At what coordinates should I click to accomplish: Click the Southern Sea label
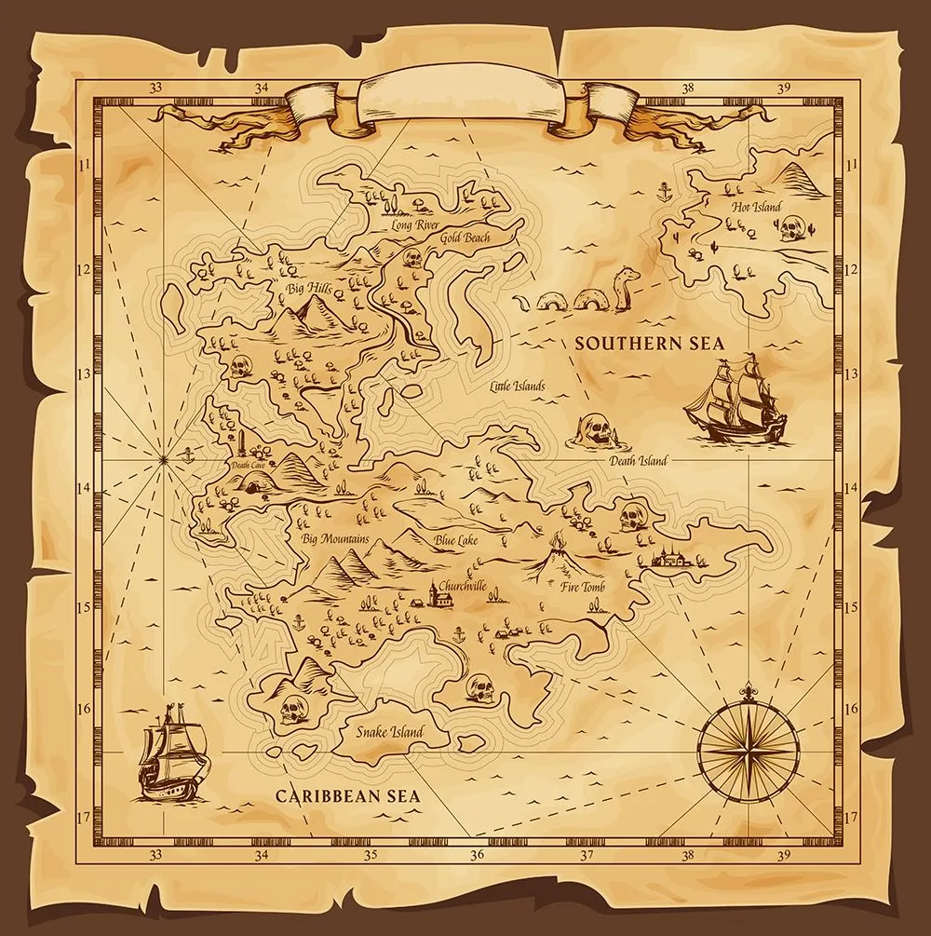point(649,343)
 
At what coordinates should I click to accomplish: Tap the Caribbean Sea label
point(348,796)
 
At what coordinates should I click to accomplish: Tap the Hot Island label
point(756,207)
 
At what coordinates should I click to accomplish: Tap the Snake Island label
point(389,732)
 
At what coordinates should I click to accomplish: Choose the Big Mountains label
point(335,539)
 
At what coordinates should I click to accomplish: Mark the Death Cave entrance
point(251,482)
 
